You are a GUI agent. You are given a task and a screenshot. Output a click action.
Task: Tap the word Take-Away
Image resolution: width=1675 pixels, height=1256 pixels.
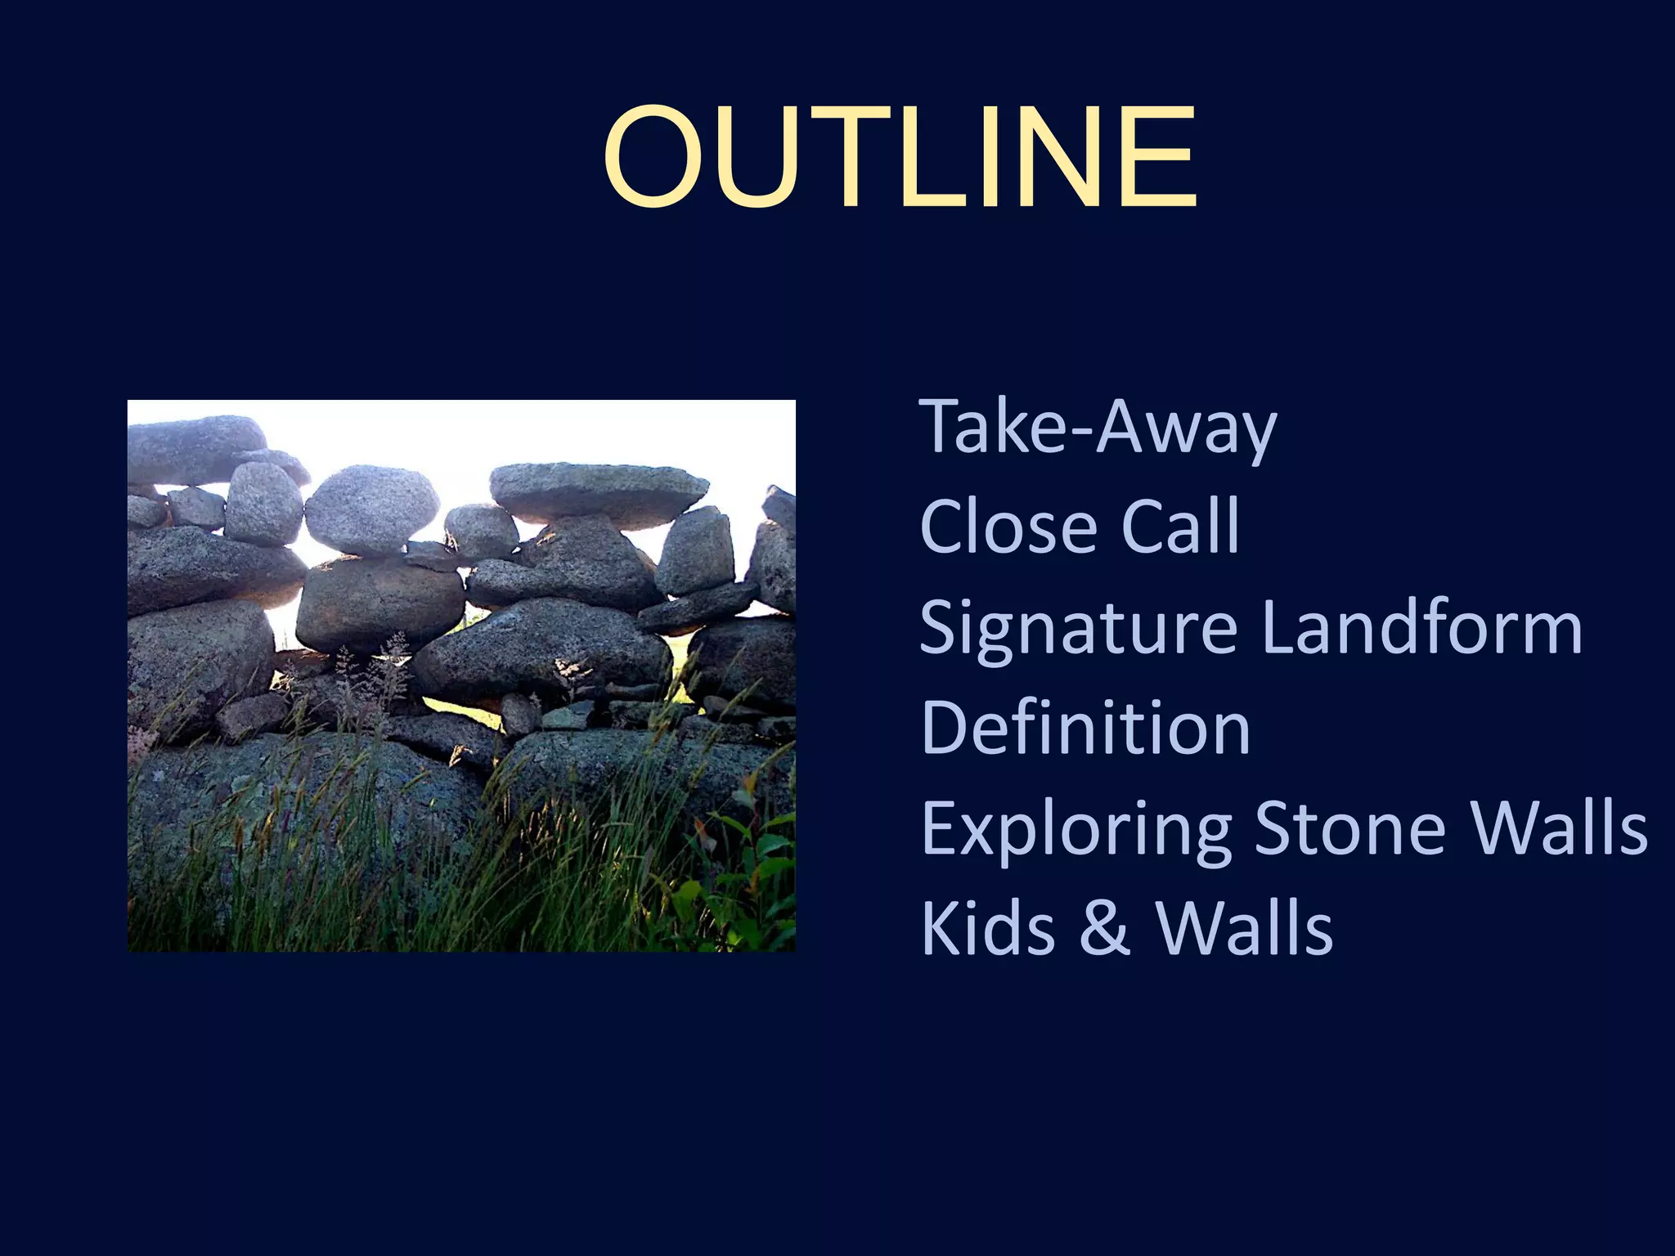click(1098, 427)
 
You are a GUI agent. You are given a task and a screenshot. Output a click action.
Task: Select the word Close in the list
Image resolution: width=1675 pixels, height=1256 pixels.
click(1008, 527)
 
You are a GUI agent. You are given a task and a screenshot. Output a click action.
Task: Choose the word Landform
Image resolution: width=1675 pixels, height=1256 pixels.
click(1421, 628)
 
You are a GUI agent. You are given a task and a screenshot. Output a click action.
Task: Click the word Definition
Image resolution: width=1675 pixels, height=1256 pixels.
click(1085, 728)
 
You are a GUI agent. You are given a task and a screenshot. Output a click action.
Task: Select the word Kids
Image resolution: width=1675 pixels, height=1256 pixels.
click(987, 928)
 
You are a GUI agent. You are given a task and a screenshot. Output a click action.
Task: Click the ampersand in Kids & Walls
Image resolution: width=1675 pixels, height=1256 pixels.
click(1104, 930)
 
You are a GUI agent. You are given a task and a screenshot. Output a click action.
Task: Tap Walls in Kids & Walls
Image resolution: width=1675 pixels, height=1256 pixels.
click(1244, 928)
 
